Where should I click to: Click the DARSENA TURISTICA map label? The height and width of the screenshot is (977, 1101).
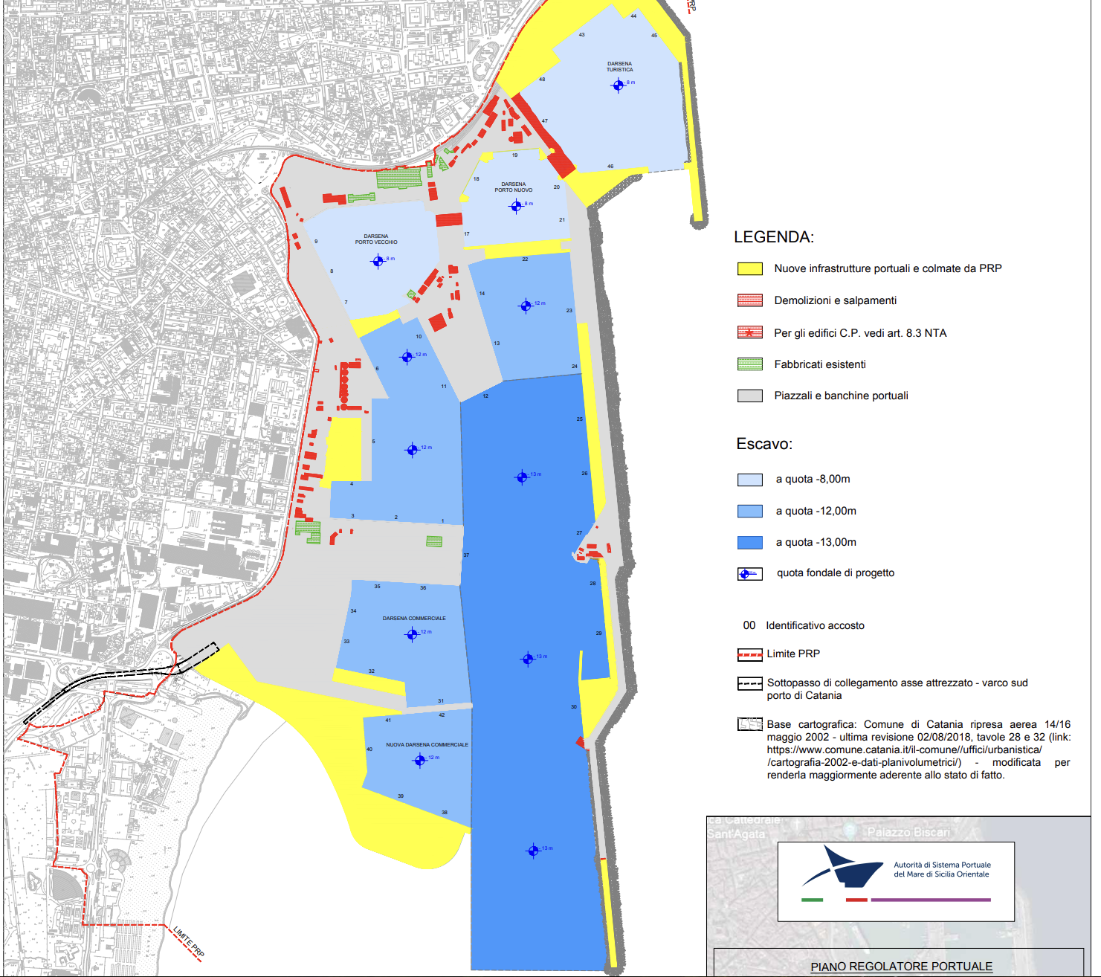[619, 67]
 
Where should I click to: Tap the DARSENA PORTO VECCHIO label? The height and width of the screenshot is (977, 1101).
[376, 239]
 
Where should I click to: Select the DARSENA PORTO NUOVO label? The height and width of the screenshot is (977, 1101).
[514, 187]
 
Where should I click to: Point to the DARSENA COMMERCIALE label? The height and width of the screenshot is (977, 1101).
[414, 619]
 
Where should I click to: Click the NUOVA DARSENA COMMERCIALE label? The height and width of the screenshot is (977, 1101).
[427, 744]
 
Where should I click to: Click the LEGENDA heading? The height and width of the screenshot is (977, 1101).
[774, 237]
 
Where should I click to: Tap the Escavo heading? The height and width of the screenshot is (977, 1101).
[764, 444]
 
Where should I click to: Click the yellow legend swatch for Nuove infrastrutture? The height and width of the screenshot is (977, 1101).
[749, 269]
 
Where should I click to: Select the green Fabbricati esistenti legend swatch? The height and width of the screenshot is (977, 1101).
[749, 364]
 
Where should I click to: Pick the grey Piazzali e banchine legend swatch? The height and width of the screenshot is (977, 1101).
[749, 396]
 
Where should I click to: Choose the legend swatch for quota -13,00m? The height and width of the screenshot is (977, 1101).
[749, 542]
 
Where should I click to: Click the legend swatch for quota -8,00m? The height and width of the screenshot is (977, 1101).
[749, 480]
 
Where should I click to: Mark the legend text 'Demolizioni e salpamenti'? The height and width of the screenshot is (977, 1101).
[835, 300]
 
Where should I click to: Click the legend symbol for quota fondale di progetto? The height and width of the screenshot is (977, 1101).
[749, 573]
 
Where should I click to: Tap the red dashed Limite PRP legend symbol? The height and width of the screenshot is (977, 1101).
[749, 654]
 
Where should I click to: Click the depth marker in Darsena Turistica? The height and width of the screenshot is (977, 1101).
[618, 86]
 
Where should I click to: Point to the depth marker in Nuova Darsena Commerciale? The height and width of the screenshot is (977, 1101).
[420, 760]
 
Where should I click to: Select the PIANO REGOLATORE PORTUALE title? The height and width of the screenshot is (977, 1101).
[901, 967]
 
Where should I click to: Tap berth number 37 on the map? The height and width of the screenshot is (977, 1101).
[466, 555]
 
